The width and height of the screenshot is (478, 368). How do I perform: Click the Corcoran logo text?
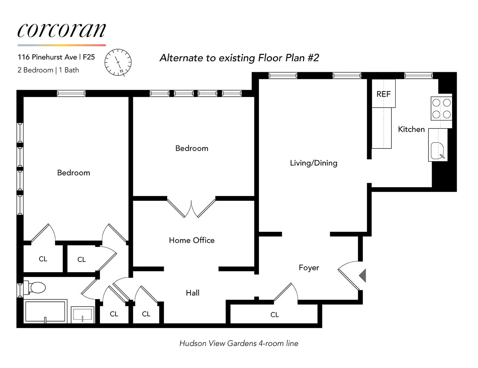(x=62, y=30)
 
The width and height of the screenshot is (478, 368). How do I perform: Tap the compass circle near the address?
(x=118, y=62)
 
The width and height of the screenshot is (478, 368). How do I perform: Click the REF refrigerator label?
(x=383, y=94)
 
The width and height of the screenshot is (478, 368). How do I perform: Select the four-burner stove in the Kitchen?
(x=441, y=109)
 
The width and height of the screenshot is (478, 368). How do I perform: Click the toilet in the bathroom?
(x=37, y=288)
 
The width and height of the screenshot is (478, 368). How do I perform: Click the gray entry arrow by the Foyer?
(x=362, y=275)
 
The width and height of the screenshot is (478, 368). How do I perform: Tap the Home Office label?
(x=191, y=240)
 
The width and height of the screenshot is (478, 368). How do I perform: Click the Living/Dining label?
(x=313, y=163)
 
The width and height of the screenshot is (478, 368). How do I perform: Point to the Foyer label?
(x=309, y=268)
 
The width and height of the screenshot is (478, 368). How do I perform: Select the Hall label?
(x=192, y=293)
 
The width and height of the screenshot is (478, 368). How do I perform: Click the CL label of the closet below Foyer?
(x=274, y=315)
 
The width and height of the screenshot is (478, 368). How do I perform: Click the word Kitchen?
(x=411, y=129)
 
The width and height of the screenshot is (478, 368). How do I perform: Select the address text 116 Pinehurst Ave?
(x=47, y=57)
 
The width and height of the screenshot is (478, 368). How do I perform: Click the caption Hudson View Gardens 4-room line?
(x=239, y=344)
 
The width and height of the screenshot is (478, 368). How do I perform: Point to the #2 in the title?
(x=313, y=58)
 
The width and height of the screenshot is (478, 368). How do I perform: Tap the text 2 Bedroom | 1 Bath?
(x=48, y=70)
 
